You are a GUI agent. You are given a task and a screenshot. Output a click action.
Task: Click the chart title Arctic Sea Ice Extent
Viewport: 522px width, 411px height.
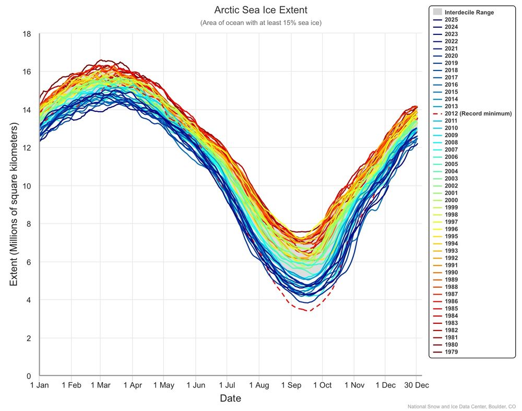tap(260, 10)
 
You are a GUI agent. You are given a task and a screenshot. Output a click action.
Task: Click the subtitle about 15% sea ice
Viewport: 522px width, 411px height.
tap(260, 23)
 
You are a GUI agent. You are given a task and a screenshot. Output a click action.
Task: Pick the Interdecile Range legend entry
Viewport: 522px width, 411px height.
tap(469, 12)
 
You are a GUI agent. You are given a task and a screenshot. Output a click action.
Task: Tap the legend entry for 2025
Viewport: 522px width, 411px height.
tap(452, 19)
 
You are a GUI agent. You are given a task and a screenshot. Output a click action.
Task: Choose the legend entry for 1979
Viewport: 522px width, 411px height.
tap(452, 351)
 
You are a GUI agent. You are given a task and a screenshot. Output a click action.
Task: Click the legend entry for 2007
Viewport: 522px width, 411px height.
tap(452, 149)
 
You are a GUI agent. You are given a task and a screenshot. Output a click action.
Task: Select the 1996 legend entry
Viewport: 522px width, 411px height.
tap(452, 229)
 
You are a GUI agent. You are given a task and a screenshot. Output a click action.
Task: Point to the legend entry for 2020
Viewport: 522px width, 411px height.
tap(452, 55)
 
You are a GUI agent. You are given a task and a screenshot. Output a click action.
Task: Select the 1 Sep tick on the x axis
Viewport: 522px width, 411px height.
tap(291, 385)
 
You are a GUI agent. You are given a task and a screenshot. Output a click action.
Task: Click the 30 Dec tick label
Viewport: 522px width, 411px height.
tap(416, 385)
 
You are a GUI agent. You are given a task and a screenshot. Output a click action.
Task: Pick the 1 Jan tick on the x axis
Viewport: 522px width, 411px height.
tap(40, 385)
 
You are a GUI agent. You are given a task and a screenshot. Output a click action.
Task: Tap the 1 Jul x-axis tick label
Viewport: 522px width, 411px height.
tap(228, 385)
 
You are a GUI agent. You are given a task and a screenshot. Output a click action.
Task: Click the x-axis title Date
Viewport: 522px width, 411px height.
tap(230, 398)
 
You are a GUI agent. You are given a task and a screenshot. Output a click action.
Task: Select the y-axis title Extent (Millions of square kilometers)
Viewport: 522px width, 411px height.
tap(14, 205)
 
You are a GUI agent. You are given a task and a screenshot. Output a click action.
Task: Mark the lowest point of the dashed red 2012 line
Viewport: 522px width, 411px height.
tap(307, 311)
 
